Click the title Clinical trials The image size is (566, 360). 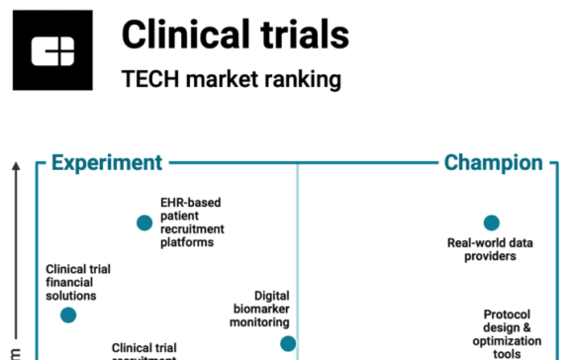click(x=235, y=35)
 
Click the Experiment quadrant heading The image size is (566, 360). click(x=106, y=163)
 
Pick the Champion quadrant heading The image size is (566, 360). click(x=493, y=163)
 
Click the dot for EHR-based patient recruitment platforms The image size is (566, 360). click(x=144, y=223)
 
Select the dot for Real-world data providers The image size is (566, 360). click(x=491, y=223)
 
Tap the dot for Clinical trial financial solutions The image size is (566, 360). click(x=67, y=315)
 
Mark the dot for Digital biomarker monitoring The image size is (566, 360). click(x=287, y=343)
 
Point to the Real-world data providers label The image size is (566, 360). click(x=491, y=249)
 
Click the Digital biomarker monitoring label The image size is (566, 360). click(x=259, y=309)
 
